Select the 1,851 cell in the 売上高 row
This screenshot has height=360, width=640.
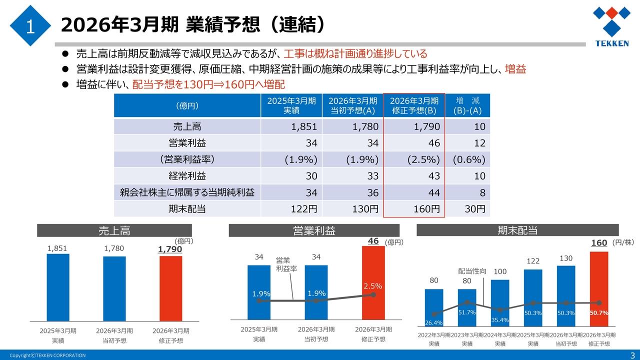pos(291,126)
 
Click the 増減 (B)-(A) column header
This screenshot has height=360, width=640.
pos(467,105)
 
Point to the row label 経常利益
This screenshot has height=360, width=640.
pos(187,176)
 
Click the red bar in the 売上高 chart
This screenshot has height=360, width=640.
pos(170,287)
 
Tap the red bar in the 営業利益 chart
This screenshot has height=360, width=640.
pos(373,282)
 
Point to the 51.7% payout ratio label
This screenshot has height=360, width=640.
pos(466,312)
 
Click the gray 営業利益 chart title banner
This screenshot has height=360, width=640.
pos(314,230)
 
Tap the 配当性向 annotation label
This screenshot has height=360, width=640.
pos(472,271)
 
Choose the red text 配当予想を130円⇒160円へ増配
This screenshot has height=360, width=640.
pos(208,84)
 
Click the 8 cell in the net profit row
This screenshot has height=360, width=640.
pos(467,192)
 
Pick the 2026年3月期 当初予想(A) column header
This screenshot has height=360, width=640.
pos(352,105)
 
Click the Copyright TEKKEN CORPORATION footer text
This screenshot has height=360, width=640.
pos(47,355)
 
